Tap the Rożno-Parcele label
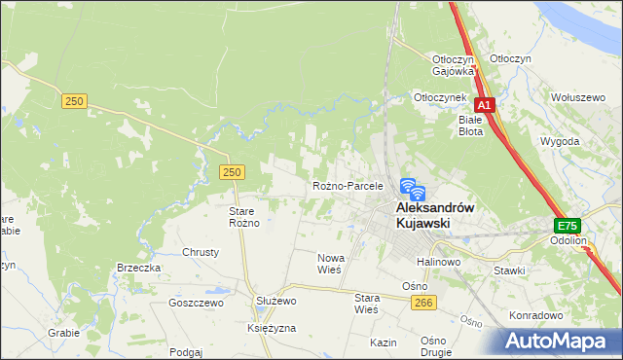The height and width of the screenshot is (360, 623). click(348, 185)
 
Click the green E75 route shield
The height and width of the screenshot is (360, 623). click(567, 224)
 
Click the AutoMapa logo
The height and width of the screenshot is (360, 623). click(559, 341)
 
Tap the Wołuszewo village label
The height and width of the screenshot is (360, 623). click(579, 97)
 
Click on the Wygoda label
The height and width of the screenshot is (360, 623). click(560, 141)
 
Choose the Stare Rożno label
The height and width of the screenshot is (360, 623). click(243, 217)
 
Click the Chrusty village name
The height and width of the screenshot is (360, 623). click(201, 251)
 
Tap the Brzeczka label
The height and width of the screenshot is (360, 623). click(138, 268)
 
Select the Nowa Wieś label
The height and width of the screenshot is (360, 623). click(329, 264)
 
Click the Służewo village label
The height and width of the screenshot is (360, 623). click(275, 302)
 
